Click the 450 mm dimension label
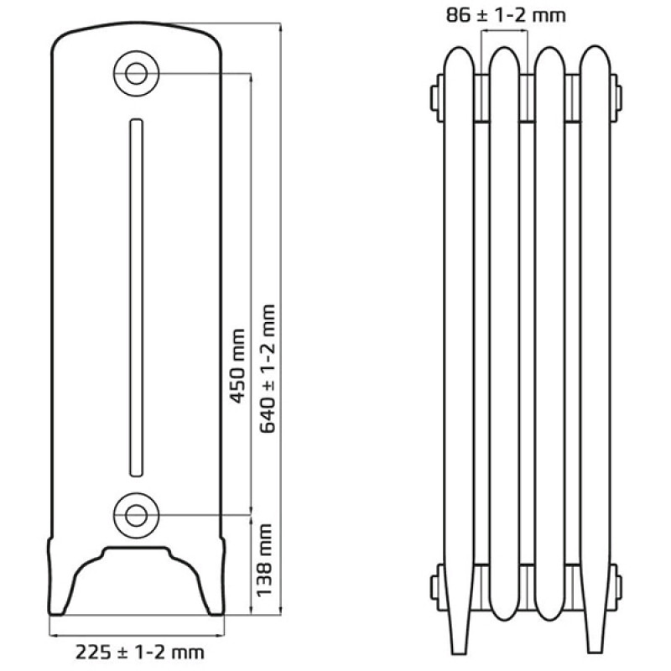(x=238, y=367)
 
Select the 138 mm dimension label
(x=264, y=560)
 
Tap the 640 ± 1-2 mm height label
(x=268, y=369)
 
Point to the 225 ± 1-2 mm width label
(x=140, y=653)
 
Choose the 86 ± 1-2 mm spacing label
(x=506, y=15)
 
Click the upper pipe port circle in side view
(x=137, y=74)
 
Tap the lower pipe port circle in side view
(x=137, y=515)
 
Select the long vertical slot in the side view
(x=136, y=298)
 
